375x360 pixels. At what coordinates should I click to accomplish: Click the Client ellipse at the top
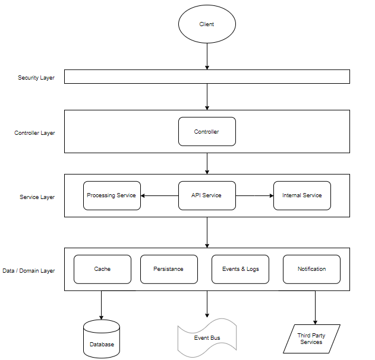click(x=207, y=24)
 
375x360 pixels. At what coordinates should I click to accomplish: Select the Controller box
click(x=207, y=131)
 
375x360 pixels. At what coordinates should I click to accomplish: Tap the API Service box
click(x=207, y=195)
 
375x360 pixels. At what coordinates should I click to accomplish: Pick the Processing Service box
click(x=112, y=195)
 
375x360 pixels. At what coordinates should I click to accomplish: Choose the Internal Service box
click(x=302, y=195)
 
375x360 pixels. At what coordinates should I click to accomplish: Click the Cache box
click(x=102, y=269)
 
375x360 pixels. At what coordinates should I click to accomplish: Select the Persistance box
click(x=168, y=269)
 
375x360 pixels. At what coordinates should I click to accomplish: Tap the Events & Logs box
click(x=240, y=269)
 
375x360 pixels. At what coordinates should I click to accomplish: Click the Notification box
click(x=311, y=269)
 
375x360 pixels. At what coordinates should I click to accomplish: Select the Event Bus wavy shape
click(x=207, y=337)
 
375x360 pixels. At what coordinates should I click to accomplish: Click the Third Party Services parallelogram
click(x=311, y=339)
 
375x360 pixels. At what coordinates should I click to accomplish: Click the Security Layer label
click(x=36, y=78)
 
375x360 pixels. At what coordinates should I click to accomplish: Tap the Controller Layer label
click(x=34, y=133)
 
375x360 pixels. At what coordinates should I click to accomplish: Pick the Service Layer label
click(x=37, y=197)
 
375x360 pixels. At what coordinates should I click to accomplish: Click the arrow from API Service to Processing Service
click(x=159, y=195)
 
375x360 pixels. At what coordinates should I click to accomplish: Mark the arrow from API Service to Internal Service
click(x=254, y=195)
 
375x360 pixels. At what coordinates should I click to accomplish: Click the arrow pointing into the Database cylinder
click(x=102, y=305)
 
